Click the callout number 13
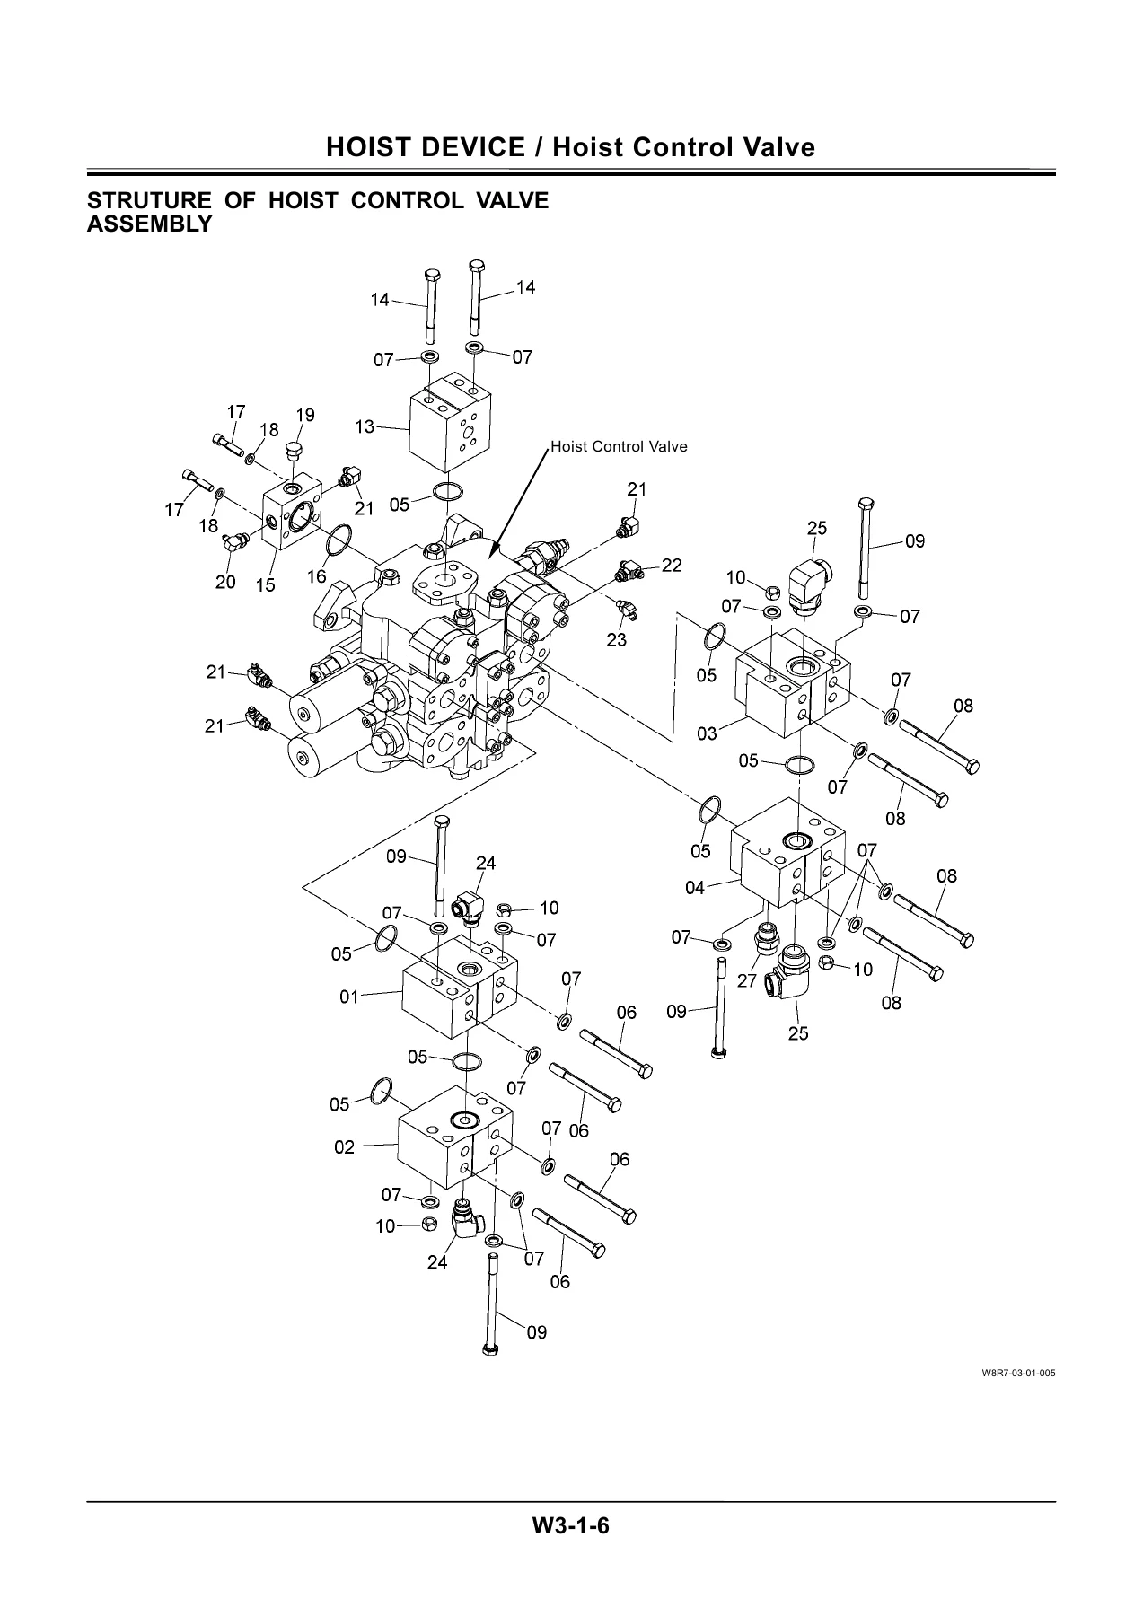point(365,426)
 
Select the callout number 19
point(305,415)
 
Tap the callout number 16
point(317,576)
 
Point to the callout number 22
point(672,565)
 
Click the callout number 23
point(616,640)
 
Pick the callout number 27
point(747,981)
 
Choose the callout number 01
point(348,996)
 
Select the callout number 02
point(345,1146)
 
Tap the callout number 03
point(708,733)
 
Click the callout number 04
point(695,888)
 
